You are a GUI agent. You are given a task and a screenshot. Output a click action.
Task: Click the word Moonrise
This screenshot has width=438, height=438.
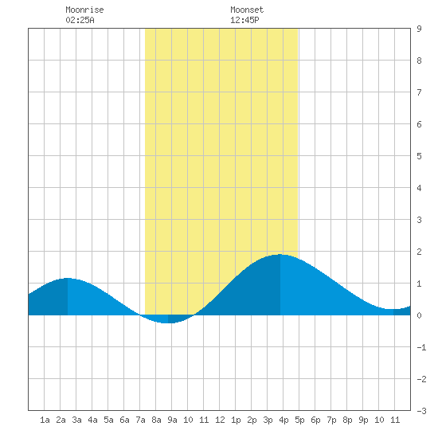[x=84, y=10]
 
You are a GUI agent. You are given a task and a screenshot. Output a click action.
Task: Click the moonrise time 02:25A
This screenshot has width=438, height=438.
[x=80, y=20]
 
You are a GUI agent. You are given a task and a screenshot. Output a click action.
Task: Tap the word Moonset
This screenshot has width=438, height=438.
[x=247, y=10]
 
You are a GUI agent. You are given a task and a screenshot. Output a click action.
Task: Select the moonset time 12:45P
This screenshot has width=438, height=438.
[x=244, y=20]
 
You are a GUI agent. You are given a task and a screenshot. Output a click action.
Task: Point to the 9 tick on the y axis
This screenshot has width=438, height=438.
[x=419, y=29]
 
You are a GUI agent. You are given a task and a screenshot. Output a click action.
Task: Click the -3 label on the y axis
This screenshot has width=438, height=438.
[x=421, y=411]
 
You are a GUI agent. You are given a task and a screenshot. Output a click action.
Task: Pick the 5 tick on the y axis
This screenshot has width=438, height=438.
[x=419, y=156]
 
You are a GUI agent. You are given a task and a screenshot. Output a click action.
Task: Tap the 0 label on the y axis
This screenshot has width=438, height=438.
[x=419, y=315]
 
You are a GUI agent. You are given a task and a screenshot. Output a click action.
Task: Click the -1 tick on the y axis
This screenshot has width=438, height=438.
[x=421, y=347]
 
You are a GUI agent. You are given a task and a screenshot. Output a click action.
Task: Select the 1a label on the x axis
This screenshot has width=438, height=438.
[x=45, y=420]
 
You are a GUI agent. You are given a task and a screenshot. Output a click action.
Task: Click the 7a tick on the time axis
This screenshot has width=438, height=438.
[x=140, y=420]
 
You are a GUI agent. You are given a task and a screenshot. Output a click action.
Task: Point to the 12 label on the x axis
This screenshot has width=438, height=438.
[x=220, y=420]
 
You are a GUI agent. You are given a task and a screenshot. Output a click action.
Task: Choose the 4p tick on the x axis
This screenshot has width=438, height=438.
[x=284, y=420]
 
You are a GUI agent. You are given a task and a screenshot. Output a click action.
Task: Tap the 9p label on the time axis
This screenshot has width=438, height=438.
[x=363, y=420]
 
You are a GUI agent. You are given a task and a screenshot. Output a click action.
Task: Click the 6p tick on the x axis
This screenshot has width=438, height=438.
[x=315, y=420]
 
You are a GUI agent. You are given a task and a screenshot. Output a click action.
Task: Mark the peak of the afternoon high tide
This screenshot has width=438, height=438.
[x=280, y=255]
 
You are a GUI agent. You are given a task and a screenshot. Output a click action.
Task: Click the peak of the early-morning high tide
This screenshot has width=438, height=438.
[x=68, y=278]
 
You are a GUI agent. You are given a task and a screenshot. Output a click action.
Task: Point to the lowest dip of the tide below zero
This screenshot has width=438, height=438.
[x=167, y=323]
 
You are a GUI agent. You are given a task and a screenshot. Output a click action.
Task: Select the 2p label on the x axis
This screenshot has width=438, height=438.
[x=252, y=420]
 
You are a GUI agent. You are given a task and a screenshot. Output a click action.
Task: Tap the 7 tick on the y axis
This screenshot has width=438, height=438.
[x=419, y=92]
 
